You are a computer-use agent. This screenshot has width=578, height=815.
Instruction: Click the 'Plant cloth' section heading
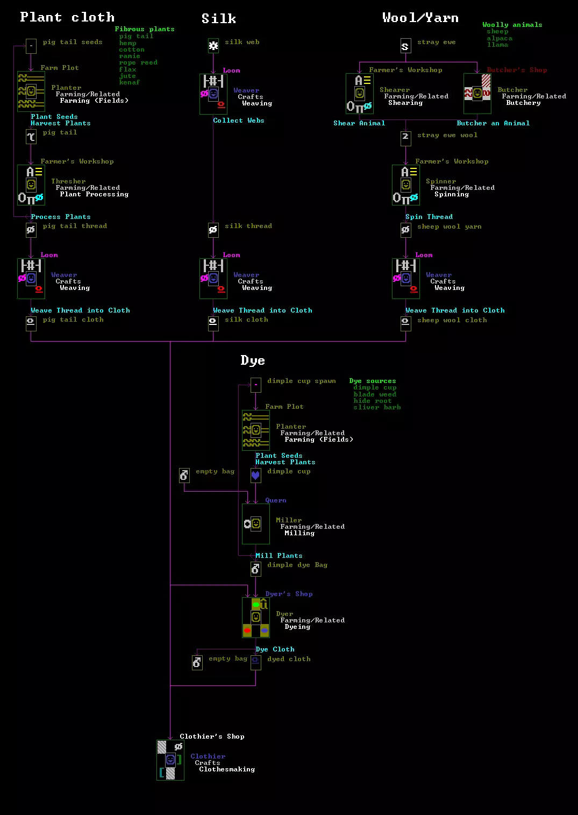[x=67, y=17]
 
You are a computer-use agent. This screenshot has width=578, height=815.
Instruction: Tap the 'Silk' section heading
[x=219, y=19]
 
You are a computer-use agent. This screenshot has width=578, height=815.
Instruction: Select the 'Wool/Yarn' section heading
[x=420, y=18]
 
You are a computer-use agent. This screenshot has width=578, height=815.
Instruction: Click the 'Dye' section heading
[x=253, y=360]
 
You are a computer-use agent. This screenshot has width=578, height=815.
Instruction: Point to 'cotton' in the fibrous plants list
[x=132, y=49]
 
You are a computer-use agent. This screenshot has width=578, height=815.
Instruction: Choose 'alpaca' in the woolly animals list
[x=499, y=38]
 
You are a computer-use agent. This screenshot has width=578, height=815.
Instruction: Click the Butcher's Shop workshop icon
[x=477, y=94]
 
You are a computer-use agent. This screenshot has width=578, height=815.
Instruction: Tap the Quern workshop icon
[x=255, y=523]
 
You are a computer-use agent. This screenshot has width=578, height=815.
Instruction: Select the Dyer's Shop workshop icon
[x=255, y=617]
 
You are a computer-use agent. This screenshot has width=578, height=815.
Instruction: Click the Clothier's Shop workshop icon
[x=170, y=760]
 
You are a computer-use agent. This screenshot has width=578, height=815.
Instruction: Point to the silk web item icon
[x=213, y=46]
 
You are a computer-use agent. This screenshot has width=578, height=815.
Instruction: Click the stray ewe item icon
[x=405, y=46]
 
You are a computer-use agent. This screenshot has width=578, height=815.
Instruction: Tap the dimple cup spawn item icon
[x=256, y=385]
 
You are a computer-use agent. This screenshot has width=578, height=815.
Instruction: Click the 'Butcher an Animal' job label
[x=493, y=123]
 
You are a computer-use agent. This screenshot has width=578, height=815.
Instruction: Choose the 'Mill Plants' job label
[x=279, y=556]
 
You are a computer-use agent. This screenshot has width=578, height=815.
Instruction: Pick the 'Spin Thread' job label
[x=429, y=217]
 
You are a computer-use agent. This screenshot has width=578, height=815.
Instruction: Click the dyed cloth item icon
[x=256, y=662]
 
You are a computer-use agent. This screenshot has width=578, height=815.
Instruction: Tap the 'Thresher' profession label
[x=68, y=181]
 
